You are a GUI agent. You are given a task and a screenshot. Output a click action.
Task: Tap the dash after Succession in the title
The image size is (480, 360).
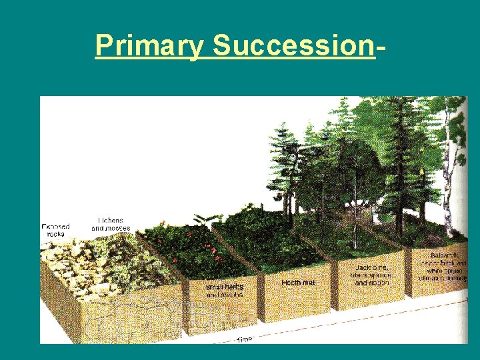381,47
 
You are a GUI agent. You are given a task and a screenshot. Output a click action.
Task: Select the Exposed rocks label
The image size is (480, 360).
55,231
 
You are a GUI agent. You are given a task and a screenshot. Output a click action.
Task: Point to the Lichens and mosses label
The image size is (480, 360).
111,224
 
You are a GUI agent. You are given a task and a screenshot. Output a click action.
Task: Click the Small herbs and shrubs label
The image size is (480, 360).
225,291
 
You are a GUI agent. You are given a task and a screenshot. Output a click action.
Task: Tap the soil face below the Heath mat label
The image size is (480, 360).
297,303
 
